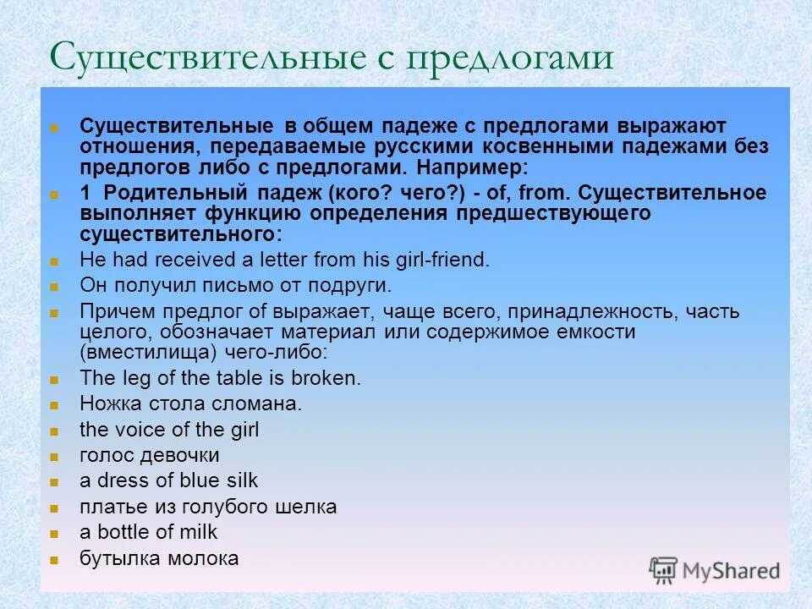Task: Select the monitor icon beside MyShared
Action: coord(664,570)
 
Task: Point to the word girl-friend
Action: coord(445,260)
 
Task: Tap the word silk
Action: coord(241,480)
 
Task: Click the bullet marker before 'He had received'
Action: coord(54,261)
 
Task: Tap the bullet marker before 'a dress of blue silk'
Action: coord(54,482)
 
